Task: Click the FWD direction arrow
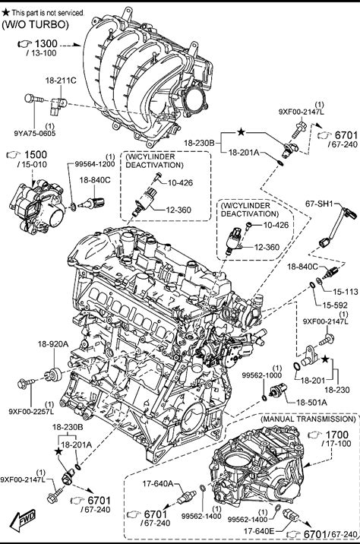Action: point(23,520)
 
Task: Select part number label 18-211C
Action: point(61,81)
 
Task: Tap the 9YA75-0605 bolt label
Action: point(35,133)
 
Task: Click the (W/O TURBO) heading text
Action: point(36,24)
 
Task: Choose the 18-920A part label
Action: point(53,344)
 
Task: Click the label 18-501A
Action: point(311,403)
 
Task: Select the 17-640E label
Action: point(259,531)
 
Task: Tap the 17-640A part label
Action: point(158,483)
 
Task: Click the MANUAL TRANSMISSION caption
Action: point(308,419)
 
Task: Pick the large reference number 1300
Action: point(46,44)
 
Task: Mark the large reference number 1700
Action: point(337,435)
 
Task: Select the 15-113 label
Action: point(346,292)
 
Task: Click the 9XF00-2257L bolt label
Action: point(31,412)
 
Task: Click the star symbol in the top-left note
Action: point(5,12)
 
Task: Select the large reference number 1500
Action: point(35,155)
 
